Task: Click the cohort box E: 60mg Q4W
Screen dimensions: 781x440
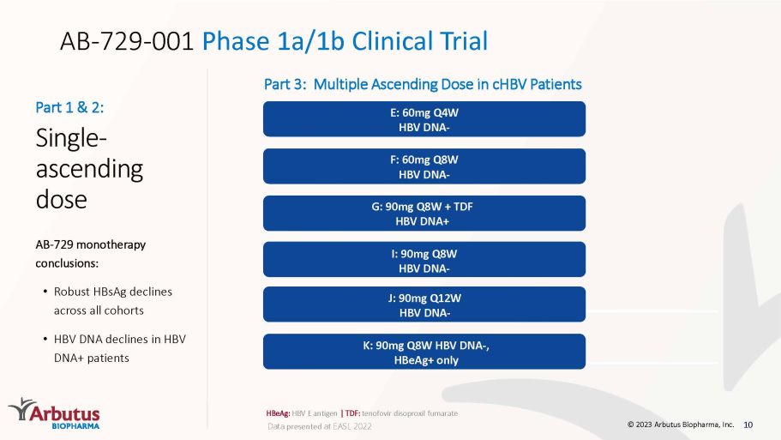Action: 424,119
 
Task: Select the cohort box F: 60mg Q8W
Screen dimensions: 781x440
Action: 424,166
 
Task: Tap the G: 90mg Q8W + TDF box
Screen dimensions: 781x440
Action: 424,214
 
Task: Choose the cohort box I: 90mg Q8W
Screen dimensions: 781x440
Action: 424,260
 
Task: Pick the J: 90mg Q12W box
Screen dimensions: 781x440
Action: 424,304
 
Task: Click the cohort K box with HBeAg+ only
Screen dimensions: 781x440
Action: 424,352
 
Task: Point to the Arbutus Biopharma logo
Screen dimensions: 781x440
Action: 54,413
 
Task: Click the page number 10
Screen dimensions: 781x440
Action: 748,425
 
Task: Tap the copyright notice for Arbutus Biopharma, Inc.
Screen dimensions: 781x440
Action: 681,425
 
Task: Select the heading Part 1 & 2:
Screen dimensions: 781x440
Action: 69,107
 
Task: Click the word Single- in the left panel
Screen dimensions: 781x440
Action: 71,139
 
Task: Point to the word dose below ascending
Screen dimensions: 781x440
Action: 61,199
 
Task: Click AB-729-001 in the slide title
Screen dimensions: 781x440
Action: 127,41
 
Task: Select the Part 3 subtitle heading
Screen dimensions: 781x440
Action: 423,84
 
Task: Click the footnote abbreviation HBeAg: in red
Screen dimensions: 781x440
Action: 278,413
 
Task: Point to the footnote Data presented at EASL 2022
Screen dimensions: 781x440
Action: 320,426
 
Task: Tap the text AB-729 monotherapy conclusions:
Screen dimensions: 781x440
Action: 91,254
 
